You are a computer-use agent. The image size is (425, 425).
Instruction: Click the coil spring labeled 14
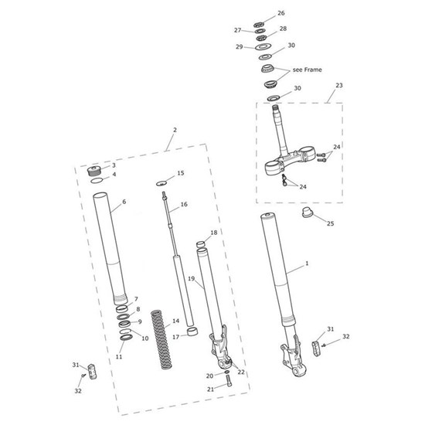tap(161, 340)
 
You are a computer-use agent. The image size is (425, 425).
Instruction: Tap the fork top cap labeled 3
tap(94, 171)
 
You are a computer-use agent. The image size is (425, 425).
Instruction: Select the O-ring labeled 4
tap(97, 181)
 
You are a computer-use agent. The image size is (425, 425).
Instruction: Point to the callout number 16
tap(184, 204)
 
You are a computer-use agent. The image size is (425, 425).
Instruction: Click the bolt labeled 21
tap(228, 380)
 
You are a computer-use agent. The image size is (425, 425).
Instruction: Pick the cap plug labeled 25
tap(308, 212)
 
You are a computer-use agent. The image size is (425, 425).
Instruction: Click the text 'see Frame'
tap(307, 70)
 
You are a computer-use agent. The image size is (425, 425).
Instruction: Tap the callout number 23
tap(339, 85)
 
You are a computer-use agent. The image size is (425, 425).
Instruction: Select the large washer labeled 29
tap(262, 47)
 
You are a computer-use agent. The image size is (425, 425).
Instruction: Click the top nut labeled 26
tap(259, 25)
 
